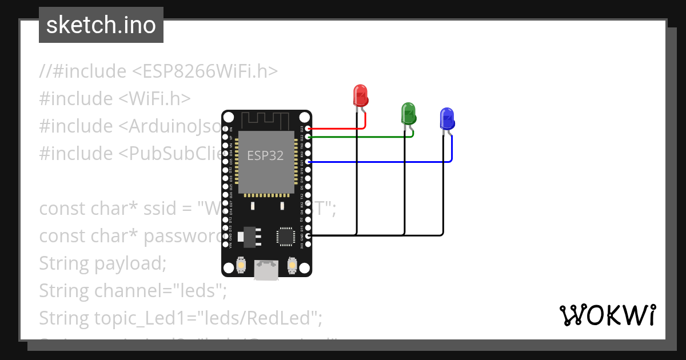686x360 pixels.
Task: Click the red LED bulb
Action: (x=360, y=95)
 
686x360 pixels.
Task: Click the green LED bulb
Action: (x=408, y=113)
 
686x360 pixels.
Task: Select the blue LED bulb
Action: (x=446, y=118)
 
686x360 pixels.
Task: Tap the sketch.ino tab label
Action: (x=101, y=25)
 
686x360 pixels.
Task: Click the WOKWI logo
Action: (x=607, y=315)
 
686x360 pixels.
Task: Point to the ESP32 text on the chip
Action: (x=265, y=155)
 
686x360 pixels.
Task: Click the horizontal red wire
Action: (x=337, y=129)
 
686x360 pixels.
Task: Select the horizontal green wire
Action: (x=360, y=137)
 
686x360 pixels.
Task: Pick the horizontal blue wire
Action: (x=377, y=162)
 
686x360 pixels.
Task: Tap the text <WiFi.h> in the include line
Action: (x=154, y=99)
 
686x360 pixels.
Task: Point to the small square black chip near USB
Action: (x=286, y=237)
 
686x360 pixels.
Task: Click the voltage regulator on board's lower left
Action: (x=249, y=236)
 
